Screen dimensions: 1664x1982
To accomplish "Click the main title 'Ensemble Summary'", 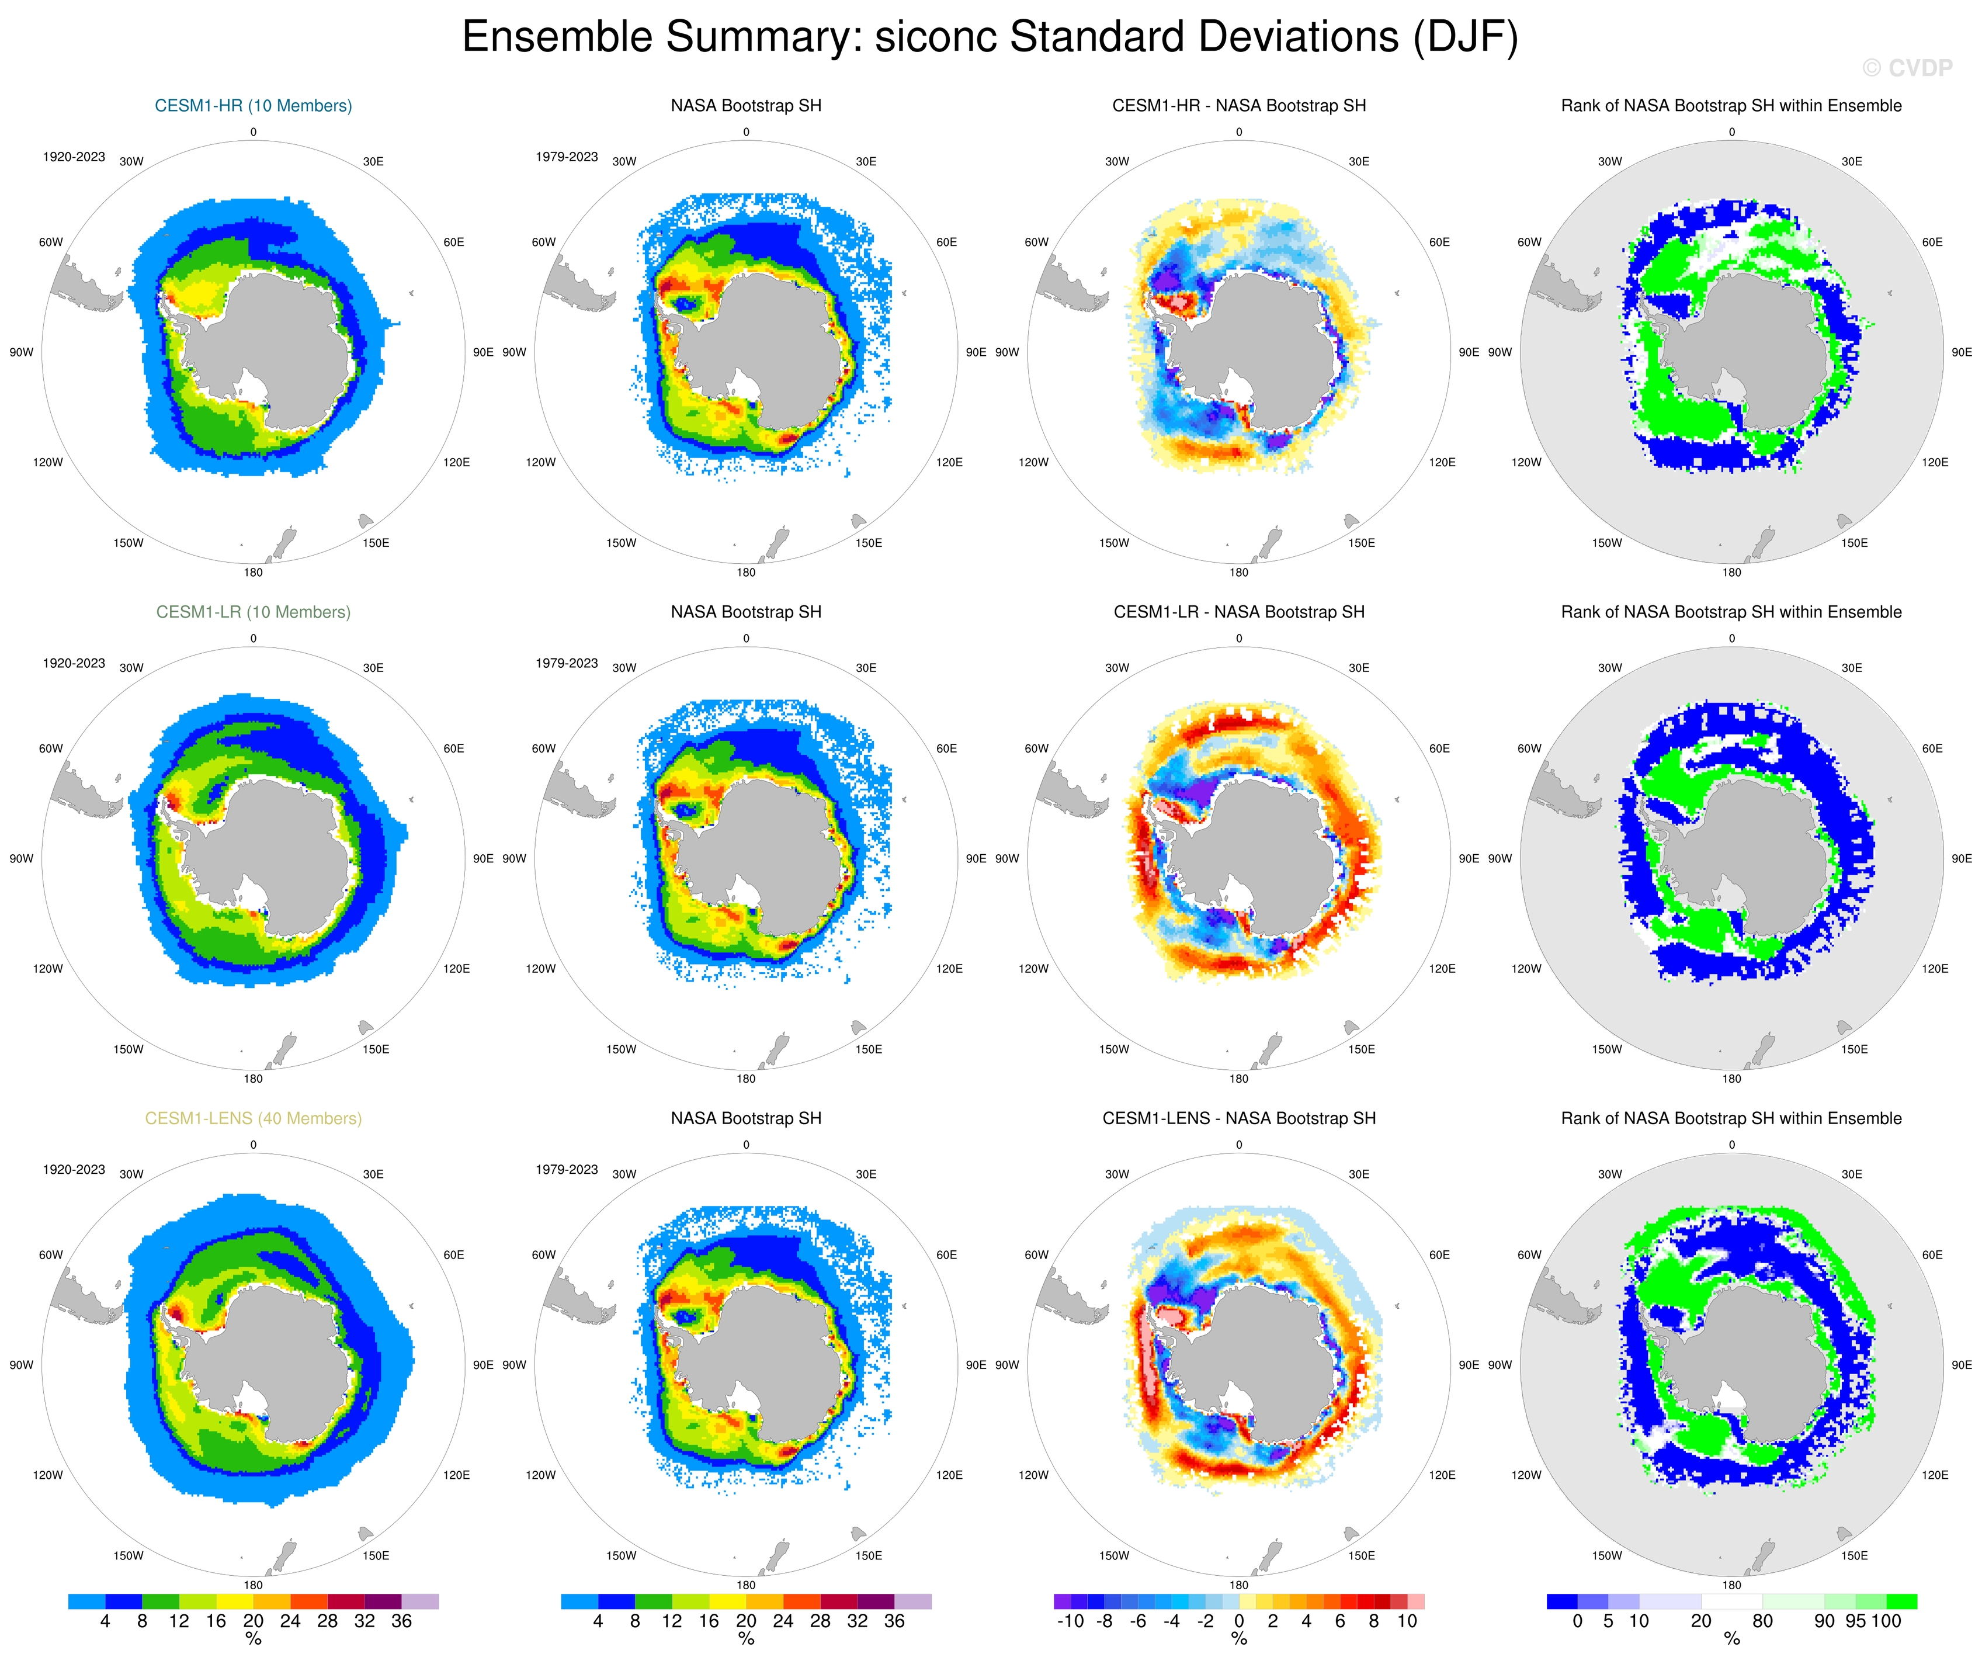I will [989, 38].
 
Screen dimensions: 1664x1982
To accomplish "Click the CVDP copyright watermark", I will [1907, 68].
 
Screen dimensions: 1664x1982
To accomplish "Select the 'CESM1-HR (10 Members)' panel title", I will [253, 106].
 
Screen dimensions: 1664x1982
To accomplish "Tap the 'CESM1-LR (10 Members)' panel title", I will [253, 612].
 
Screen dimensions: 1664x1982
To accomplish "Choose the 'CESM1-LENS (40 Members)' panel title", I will [253, 1118].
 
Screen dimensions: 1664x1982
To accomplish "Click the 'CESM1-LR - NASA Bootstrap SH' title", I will [1238, 612].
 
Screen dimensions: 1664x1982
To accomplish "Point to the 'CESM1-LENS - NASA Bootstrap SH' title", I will [1238, 1118].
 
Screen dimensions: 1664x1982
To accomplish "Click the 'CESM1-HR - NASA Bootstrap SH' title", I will [1238, 106].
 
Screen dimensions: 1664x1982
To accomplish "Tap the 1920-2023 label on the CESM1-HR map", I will [74, 157].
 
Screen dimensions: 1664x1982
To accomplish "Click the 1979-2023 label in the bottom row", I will [566, 1170].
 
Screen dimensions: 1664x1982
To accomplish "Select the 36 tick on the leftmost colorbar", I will [401, 1621].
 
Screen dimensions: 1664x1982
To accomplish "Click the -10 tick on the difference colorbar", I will [1070, 1621].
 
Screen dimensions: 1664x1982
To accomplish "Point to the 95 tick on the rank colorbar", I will [1855, 1621].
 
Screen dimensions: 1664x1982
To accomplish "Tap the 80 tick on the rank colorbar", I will [1762, 1621].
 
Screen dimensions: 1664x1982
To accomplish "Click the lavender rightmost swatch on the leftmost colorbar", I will [420, 1601].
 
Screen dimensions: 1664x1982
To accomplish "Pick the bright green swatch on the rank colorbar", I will [1901, 1601].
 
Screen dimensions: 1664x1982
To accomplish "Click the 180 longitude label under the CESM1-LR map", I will [253, 1079].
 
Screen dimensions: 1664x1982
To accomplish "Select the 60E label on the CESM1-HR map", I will [454, 242].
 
